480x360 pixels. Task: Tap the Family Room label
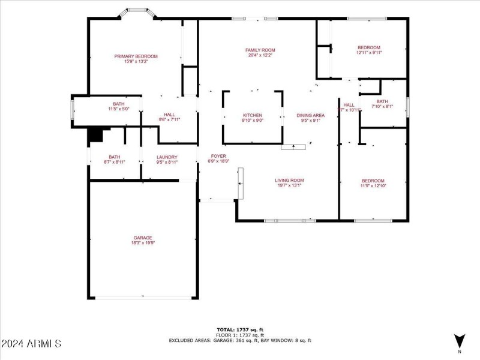point(260,50)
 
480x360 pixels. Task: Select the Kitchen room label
point(253,115)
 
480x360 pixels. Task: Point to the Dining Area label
point(310,115)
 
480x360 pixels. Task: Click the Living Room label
point(289,180)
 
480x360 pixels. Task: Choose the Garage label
point(143,238)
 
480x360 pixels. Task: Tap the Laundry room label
point(167,157)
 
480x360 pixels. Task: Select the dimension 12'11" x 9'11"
point(369,53)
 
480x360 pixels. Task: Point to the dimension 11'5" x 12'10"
point(373,186)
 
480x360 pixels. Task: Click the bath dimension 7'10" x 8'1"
point(382,107)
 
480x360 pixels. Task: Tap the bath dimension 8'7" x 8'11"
point(114,162)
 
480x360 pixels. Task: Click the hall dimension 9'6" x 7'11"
point(169,119)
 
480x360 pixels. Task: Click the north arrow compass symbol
point(460,340)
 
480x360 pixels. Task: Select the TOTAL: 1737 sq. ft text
point(239,329)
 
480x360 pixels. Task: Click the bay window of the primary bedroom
point(137,11)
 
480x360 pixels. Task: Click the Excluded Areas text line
point(239,340)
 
